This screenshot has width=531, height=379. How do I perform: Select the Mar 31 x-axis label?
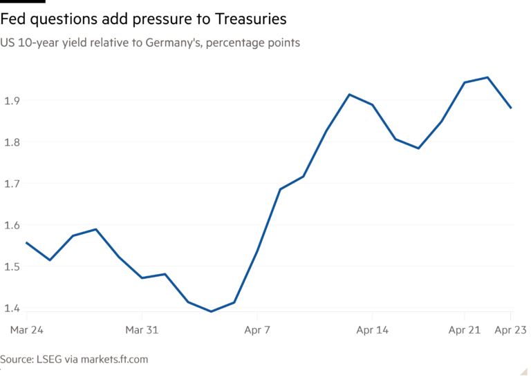click(141, 331)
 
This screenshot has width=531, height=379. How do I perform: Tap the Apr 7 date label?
click(257, 331)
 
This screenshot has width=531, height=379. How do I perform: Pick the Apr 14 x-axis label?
click(372, 331)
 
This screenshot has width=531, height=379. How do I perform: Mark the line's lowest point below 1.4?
click(212, 311)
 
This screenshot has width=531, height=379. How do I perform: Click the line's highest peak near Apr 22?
click(488, 77)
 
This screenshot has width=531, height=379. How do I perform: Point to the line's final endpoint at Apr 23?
click(512, 108)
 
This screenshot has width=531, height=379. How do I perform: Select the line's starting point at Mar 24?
click(26, 242)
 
